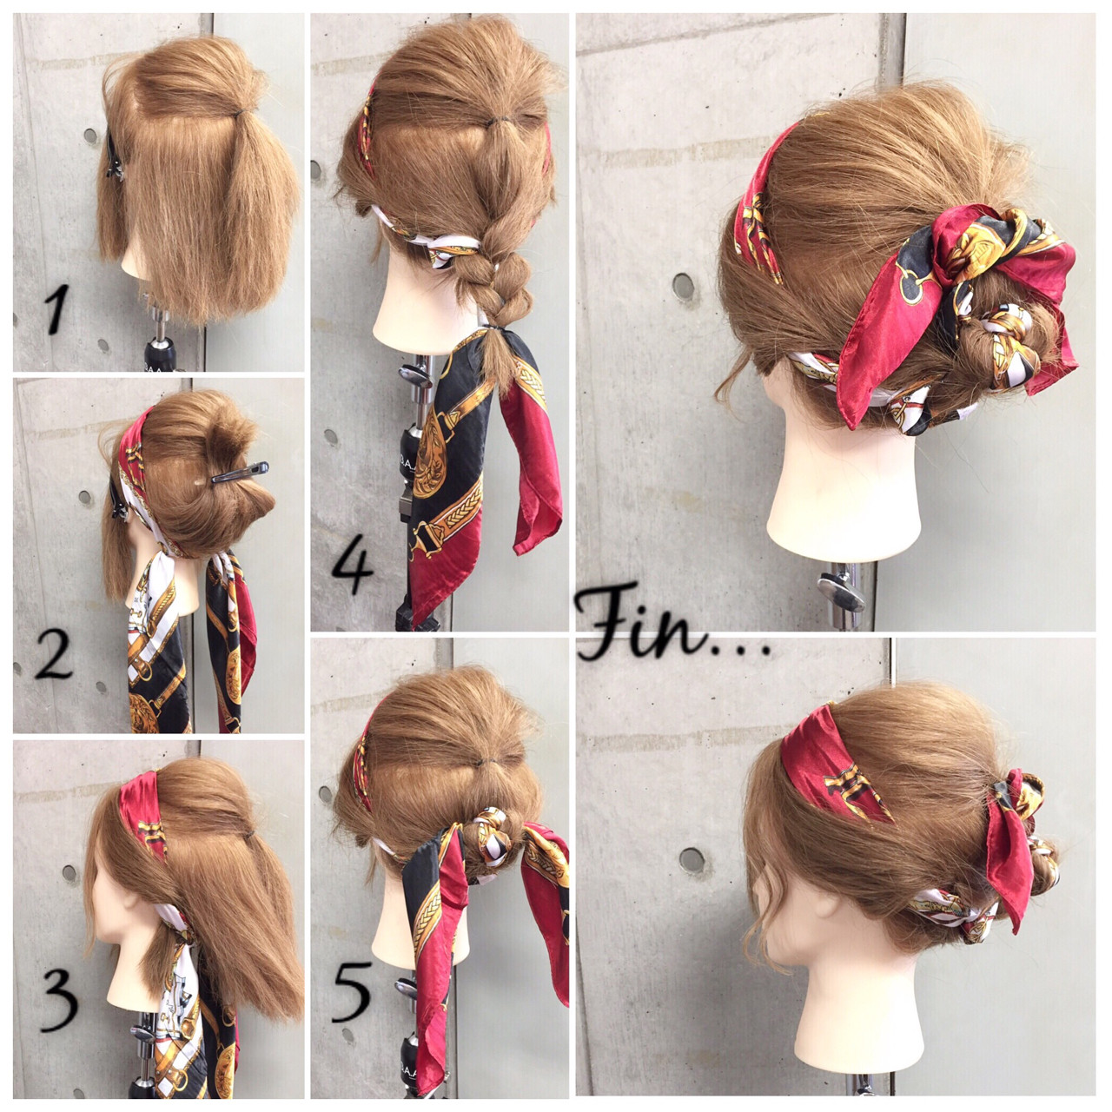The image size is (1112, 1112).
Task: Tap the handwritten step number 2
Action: click(54, 653)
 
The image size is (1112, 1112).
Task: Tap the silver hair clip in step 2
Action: click(238, 473)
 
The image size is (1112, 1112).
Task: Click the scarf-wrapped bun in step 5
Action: click(483, 834)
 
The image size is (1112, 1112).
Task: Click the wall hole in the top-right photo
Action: click(684, 286)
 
